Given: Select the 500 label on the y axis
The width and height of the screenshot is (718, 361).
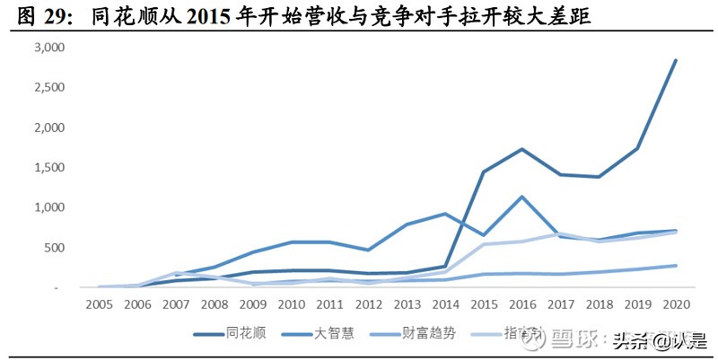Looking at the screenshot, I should [x=55, y=248].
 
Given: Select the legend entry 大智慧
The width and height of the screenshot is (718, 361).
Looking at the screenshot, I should [x=334, y=334].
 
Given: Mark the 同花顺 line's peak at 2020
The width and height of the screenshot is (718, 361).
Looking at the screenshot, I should [x=675, y=61].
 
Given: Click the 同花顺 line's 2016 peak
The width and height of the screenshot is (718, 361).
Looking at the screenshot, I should [x=521, y=149].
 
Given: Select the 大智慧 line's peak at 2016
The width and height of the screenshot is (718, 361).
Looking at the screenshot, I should [x=521, y=197].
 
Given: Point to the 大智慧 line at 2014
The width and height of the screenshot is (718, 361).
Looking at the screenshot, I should [x=444, y=214].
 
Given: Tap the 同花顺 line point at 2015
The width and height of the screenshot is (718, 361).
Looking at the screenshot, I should [x=483, y=172].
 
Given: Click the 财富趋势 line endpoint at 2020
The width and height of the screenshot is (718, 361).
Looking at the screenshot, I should [x=675, y=265].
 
